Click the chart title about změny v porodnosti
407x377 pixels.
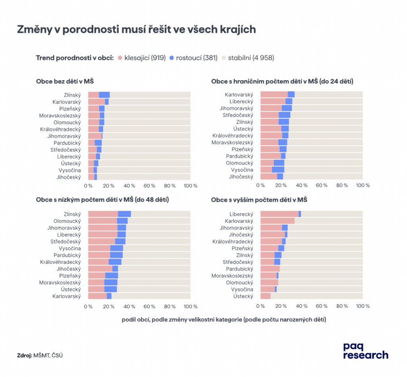click(136, 30)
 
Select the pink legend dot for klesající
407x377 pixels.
click(120, 58)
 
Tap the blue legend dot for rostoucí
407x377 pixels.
click(172, 58)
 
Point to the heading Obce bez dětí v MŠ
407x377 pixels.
click(65, 81)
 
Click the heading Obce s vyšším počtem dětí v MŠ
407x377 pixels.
click(259, 200)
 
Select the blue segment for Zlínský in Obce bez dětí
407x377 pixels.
click(104, 95)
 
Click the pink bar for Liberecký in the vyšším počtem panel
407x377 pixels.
click(279, 214)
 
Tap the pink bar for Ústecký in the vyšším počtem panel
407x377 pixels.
click(266, 296)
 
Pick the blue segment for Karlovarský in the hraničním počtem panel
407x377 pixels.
click(291, 95)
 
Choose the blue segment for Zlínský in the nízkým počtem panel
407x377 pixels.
click(124, 214)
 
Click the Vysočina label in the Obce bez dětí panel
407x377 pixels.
click(69, 170)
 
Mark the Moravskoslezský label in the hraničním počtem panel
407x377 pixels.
click(232, 142)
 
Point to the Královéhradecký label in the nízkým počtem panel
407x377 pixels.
click(60, 262)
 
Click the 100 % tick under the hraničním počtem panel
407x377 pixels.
click(362, 185)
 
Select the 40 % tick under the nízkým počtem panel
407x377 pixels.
click(129, 306)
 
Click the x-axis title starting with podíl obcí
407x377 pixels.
click(224, 320)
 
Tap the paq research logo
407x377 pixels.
click(365, 350)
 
